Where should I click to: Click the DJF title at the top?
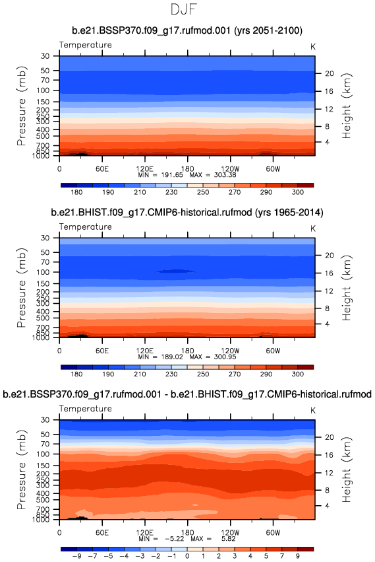(184, 9)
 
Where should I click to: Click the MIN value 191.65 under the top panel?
(172, 175)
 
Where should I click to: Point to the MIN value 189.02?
(172, 357)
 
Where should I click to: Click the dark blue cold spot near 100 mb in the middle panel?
(175, 271)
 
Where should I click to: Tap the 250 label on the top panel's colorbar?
(203, 192)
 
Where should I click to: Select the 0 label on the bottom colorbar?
(187, 556)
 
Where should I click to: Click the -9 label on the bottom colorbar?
(76, 556)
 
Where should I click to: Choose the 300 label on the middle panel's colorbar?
(298, 374)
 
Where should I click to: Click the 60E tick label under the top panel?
(102, 169)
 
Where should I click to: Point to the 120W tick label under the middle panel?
(230, 351)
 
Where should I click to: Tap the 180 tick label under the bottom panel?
(187, 532)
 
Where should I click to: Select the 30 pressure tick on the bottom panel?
(45, 420)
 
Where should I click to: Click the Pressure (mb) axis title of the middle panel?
(22, 287)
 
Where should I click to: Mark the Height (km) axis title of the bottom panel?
(347, 470)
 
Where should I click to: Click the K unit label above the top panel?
(313, 47)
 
